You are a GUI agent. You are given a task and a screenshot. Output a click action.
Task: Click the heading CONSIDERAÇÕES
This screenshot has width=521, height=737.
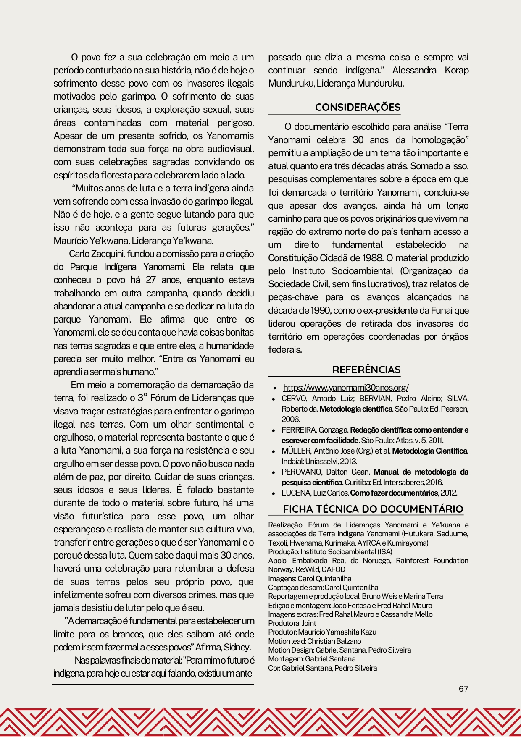(x=358, y=108)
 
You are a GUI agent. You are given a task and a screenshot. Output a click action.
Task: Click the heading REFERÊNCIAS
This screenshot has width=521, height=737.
(x=366, y=370)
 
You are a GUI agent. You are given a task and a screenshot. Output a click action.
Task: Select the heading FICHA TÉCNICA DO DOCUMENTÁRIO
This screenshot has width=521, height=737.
(x=373, y=509)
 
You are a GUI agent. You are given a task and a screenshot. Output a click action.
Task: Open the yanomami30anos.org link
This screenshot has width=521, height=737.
(x=345, y=388)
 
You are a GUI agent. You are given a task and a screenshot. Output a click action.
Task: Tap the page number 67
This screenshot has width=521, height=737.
(x=463, y=689)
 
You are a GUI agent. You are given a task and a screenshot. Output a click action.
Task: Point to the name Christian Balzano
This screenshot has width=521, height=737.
(x=334, y=641)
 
